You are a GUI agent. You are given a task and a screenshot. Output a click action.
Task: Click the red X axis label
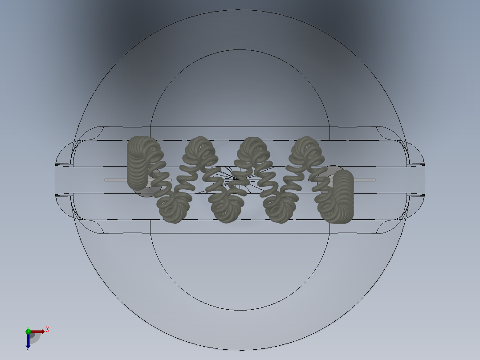[48, 329]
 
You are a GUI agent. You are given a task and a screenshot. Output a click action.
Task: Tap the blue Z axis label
[28, 349]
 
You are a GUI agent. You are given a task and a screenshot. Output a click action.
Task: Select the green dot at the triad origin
[28, 331]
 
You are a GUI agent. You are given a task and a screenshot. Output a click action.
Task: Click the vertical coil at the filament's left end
[138, 163]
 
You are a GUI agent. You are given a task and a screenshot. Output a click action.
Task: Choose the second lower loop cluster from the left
[227, 207]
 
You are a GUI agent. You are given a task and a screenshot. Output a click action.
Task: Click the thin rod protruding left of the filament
[116, 180]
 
